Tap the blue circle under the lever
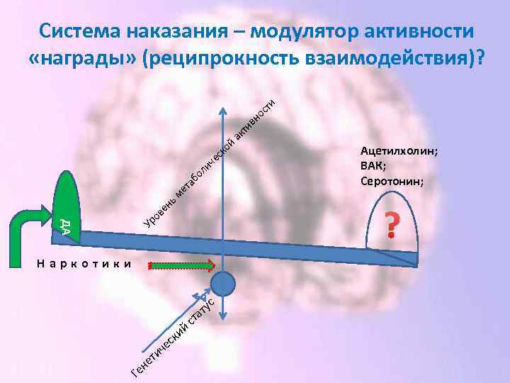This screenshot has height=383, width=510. coord(223,284)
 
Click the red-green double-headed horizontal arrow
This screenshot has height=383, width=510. coord(182,266)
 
